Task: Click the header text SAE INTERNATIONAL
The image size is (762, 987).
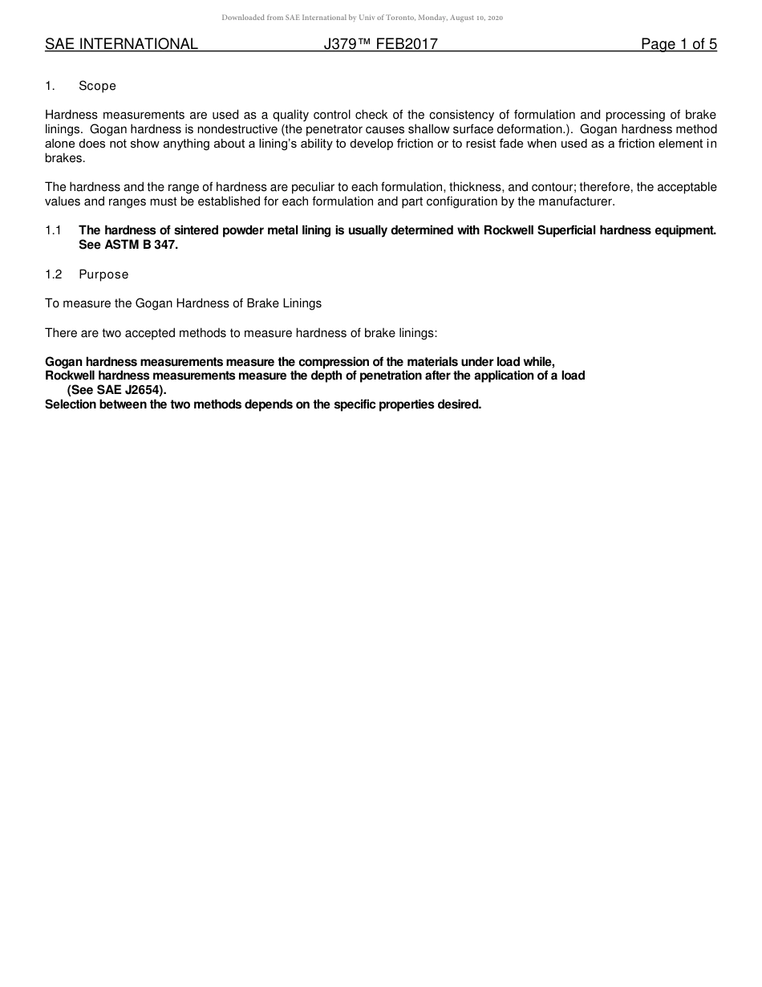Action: tap(121, 45)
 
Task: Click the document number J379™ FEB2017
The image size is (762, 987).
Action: tap(381, 45)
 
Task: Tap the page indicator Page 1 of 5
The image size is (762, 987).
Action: tap(679, 45)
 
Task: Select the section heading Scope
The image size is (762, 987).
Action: tap(97, 86)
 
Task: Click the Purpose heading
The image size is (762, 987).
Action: tap(103, 274)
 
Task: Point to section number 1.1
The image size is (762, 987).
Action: tap(53, 230)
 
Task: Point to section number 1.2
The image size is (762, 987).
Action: tap(53, 274)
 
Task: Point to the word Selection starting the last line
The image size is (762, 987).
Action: tap(72, 404)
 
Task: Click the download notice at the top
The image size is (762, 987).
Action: tap(363, 18)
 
